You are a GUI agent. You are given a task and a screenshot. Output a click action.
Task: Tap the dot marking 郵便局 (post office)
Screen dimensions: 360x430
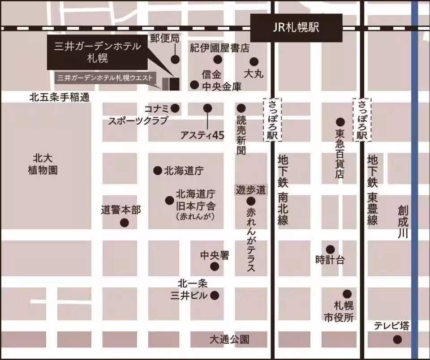tap(175, 59)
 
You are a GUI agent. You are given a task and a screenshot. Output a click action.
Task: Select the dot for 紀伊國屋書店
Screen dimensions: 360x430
tap(218, 60)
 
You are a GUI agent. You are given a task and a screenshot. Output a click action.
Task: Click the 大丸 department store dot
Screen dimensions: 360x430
tap(254, 62)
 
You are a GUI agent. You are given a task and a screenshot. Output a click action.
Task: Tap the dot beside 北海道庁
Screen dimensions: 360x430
tap(158, 171)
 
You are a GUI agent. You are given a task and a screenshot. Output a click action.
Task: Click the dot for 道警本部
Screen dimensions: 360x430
tap(125, 223)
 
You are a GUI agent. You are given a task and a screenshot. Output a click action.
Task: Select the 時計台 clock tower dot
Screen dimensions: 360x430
tap(330, 249)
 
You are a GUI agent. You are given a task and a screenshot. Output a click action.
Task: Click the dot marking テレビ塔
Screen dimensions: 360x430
tap(397, 339)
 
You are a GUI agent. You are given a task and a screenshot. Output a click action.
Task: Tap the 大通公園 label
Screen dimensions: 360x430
tap(229, 339)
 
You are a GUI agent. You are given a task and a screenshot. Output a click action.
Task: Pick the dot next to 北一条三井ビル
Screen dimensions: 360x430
tap(215, 296)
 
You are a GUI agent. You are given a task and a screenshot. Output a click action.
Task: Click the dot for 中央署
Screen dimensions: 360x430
tap(215, 267)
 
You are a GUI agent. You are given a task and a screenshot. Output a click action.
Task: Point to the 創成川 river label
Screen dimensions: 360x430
tap(403, 222)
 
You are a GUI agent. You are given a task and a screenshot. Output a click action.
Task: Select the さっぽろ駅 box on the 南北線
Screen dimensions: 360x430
tap(273, 120)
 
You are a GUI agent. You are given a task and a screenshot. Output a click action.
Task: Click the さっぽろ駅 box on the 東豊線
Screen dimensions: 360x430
tap(362, 120)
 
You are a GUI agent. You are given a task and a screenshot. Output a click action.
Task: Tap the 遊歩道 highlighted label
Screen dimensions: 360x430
tap(251, 189)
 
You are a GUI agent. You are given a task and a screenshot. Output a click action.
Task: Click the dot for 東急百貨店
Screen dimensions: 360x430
tap(340, 122)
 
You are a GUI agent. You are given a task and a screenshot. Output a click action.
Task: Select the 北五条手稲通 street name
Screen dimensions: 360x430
tap(60, 97)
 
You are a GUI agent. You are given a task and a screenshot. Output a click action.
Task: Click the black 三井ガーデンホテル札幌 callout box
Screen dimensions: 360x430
tap(98, 52)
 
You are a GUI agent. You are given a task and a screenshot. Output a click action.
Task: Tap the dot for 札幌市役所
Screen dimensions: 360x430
tap(347, 294)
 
